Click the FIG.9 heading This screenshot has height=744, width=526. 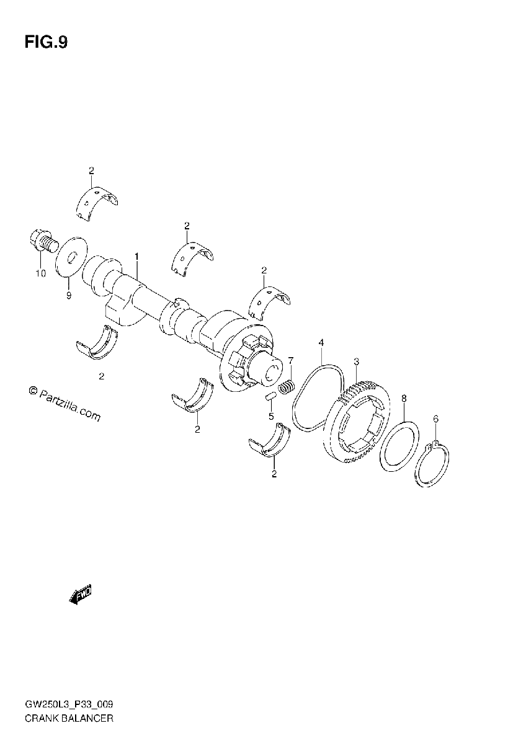(x=46, y=43)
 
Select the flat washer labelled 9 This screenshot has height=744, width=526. (x=71, y=257)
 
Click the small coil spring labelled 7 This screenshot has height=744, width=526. (x=287, y=387)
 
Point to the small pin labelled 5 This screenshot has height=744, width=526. (x=271, y=397)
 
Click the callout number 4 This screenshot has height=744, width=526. (x=321, y=342)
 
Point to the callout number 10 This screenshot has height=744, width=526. (x=41, y=273)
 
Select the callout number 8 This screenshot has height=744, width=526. (x=404, y=398)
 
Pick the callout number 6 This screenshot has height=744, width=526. (x=436, y=419)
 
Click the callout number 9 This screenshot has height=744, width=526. (x=68, y=295)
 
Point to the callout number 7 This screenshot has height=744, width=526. (x=291, y=360)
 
